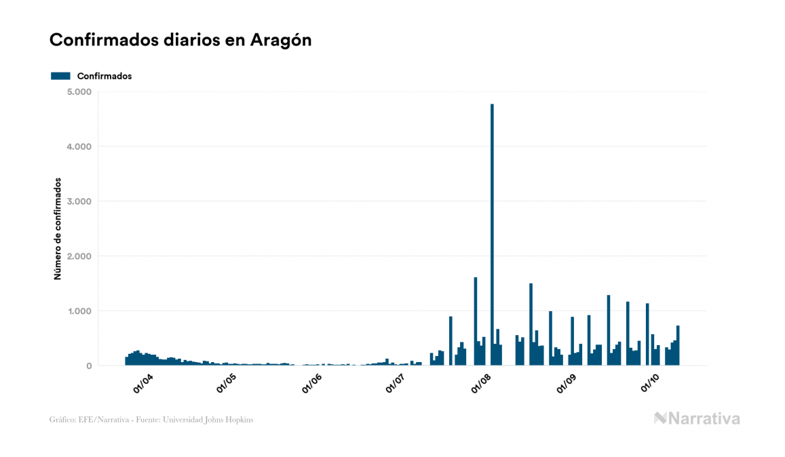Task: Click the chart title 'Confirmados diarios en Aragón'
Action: click(180, 40)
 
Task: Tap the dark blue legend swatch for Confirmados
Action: click(60, 76)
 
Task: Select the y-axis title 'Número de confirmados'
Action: click(58, 229)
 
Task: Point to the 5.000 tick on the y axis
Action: click(79, 92)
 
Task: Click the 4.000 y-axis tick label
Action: click(79, 146)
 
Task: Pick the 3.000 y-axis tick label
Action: click(79, 201)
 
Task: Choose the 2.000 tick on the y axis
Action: click(79, 256)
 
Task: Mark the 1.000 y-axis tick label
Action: click(79, 311)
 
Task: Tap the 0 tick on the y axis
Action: click(88, 366)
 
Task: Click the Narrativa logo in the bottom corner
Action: click(697, 418)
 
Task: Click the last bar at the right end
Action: click(678, 346)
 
